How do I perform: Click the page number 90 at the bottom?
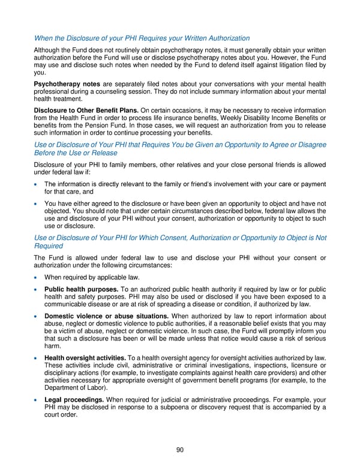point(180,451)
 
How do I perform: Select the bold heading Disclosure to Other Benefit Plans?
point(86,111)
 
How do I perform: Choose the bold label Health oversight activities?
point(85,359)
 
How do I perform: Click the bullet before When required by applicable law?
point(37,277)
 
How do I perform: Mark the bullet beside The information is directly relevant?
point(37,184)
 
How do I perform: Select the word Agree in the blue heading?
point(281,145)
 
